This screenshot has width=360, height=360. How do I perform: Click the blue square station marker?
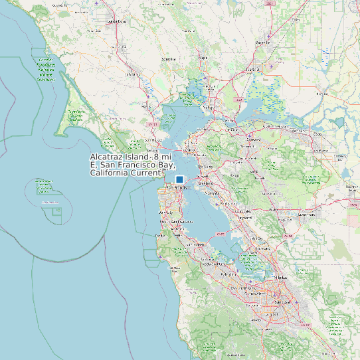click(179, 179)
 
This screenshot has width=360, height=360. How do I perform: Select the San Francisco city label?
click(178, 188)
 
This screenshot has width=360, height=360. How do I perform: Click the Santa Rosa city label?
click(116, 21)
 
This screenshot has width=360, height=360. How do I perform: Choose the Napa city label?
click(204, 58)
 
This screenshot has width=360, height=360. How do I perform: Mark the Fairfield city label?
click(252, 70)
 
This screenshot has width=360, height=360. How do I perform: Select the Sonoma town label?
click(169, 59)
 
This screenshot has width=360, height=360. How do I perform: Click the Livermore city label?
click(307, 215)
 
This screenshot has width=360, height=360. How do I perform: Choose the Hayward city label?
click(245, 217)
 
